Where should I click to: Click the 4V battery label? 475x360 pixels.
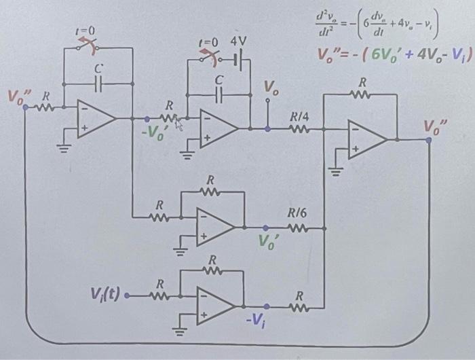point(239,41)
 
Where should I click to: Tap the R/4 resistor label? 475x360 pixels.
point(299,118)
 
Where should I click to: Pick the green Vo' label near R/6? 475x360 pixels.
point(270,242)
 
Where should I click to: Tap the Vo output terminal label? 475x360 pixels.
point(270,89)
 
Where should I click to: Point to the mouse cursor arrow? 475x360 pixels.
point(180,123)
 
